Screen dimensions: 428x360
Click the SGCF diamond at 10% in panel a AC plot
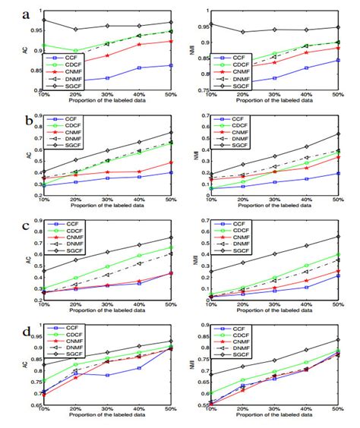(44, 20)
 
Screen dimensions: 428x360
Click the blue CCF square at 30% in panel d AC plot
(108, 375)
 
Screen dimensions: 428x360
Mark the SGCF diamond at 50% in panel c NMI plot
(337, 237)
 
